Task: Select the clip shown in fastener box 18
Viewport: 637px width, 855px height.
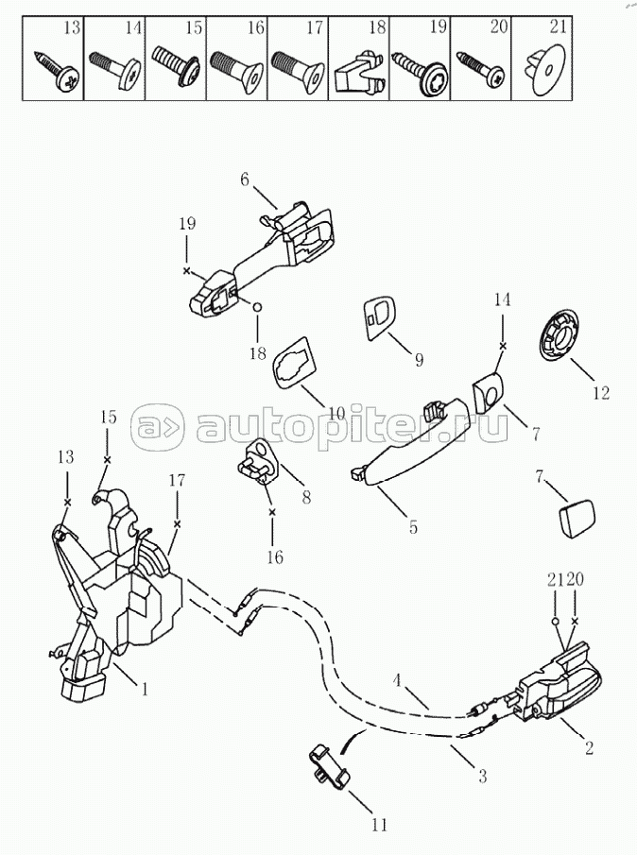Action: tap(357, 68)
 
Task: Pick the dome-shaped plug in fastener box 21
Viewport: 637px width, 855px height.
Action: tap(539, 71)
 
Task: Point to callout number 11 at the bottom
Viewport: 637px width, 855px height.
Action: tap(378, 825)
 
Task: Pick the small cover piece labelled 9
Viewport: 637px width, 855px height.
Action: tap(378, 316)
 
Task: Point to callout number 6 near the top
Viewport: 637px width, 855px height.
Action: tap(244, 180)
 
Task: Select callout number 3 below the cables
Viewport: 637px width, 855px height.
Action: tap(483, 778)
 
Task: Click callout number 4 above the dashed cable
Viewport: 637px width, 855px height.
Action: tap(398, 678)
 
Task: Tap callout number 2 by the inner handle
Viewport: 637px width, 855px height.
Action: tap(590, 749)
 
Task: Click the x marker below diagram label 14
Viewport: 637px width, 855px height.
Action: tap(502, 347)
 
